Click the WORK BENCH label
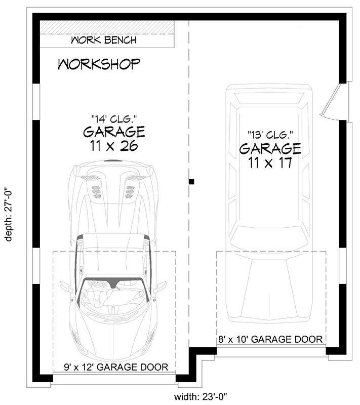pyautogui.click(x=104, y=40)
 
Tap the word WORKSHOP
pyautogui.click(x=99, y=64)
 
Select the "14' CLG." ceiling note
pyautogui.click(x=114, y=119)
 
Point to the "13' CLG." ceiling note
pyautogui.click(x=270, y=135)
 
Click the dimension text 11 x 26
pyautogui.click(x=114, y=146)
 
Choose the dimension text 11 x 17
pyautogui.click(x=270, y=163)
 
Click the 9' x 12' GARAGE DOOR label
pyautogui.click(x=116, y=367)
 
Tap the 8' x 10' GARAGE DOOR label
pyautogui.click(x=270, y=339)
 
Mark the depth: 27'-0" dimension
pyautogui.click(x=9, y=214)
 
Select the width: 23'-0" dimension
pyautogui.click(x=201, y=396)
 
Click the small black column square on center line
pyautogui.click(x=191, y=182)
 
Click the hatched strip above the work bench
pyautogui.click(x=107, y=27)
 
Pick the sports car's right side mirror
pyautogui.click(x=160, y=287)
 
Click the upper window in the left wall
pyautogui.click(x=36, y=102)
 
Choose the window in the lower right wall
pyautogui.click(x=343, y=266)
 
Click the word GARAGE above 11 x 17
pyautogui.click(x=270, y=148)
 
